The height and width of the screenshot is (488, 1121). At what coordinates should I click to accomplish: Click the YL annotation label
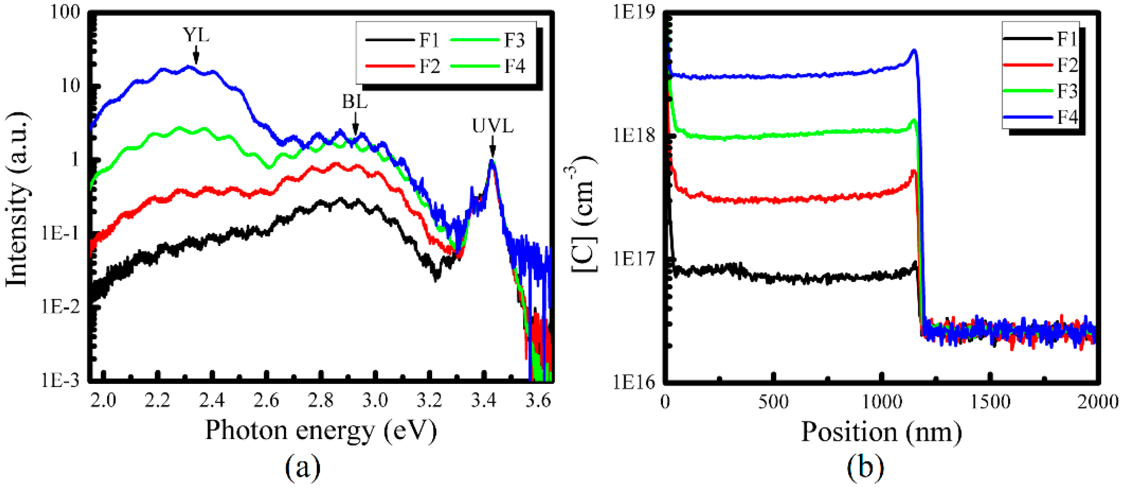coord(196,35)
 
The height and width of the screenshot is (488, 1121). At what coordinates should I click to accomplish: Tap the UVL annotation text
coord(492,126)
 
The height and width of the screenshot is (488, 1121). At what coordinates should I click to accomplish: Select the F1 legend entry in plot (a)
coord(403,40)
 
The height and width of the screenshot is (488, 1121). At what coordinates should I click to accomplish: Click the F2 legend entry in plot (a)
coord(403,66)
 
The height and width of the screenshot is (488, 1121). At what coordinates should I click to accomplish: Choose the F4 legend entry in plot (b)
coord(1040,117)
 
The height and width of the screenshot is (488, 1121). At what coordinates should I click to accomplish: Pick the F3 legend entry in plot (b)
coord(1040,91)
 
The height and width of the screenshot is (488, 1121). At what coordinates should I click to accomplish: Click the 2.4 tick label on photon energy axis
coord(212,400)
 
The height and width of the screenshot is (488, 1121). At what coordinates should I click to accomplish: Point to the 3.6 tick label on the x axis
coord(538,400)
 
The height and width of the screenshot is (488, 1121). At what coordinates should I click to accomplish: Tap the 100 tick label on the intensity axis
coord(65,12)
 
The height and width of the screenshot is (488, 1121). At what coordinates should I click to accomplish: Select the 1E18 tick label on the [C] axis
coord(633,136)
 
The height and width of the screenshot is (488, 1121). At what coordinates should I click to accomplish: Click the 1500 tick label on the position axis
coord(990,401)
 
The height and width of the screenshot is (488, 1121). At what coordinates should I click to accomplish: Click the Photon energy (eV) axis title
coord(321,430)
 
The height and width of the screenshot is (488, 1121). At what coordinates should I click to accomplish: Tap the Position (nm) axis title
coord(881,432)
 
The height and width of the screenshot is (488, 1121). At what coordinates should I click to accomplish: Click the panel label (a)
coord(303,467)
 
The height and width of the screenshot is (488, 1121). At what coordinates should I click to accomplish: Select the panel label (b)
coord(865,467)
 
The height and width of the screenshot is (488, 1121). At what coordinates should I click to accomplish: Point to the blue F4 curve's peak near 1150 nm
coord(914,51)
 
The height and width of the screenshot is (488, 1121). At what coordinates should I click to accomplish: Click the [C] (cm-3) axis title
coord(583,214)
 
